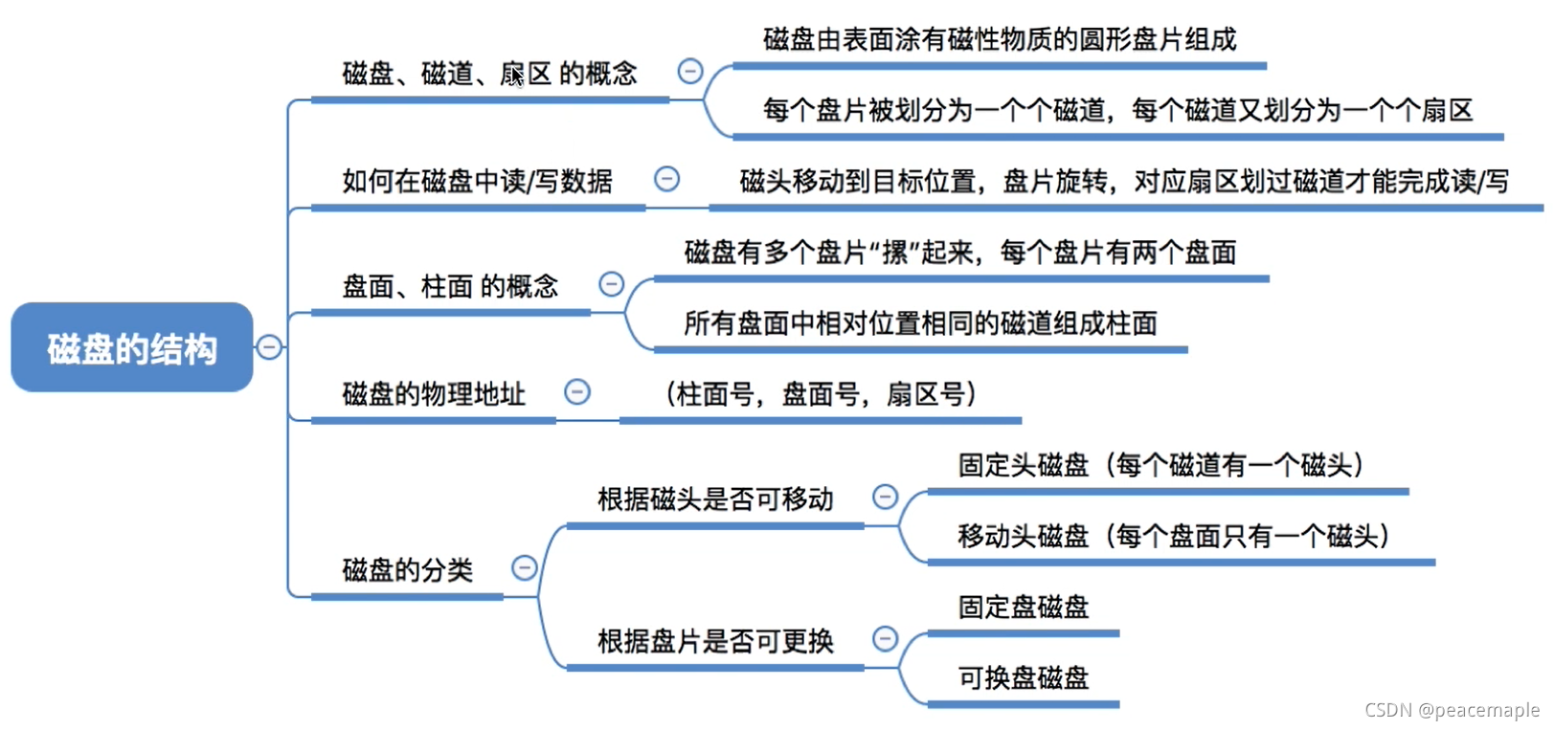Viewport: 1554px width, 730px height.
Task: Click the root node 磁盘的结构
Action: pos(132,348)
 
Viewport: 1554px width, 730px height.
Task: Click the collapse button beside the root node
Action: pos(270,346)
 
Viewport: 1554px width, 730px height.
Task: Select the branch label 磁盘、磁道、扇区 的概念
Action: pos(489,74)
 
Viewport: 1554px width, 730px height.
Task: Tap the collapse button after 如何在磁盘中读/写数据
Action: pos(667,179)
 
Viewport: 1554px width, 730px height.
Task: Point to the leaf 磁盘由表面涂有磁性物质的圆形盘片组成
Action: pos(999,40)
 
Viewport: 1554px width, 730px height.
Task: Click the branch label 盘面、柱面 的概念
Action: pos(450,286)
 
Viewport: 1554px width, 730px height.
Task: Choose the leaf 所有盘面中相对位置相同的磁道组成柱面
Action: pos(920,323)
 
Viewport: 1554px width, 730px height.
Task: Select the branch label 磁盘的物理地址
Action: pos(434,393)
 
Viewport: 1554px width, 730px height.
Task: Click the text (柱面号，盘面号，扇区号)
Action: pos(821,393)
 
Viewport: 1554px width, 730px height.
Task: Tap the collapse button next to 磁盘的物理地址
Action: pos(577,391)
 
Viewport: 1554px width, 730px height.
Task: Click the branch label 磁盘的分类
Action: pos(407,570)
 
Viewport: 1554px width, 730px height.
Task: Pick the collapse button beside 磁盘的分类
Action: pos(525,568)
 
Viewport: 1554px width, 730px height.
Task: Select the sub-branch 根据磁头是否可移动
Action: pos(715,498)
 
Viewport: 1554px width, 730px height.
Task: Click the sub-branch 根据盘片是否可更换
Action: pos(715,641)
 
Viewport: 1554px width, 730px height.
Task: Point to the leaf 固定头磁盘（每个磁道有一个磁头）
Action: pos(1160,465)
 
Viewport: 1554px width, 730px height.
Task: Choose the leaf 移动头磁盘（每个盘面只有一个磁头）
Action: pos(1174,536)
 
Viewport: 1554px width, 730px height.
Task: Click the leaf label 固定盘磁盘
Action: pos(1024,607)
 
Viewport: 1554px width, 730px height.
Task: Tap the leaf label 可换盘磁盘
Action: pos(1024,677)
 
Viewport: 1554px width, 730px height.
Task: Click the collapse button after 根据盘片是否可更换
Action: pos(886,639)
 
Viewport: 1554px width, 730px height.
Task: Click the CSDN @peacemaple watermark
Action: pos(1452,710)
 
